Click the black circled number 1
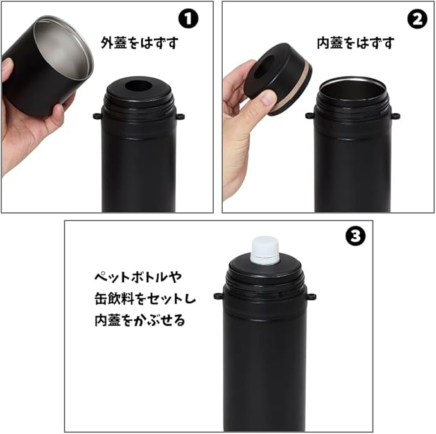(188, 19)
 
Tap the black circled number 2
(417, 19)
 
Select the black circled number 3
(355, 236)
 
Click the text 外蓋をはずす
(139, 43)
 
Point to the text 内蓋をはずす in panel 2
(356, 43)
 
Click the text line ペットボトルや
(138, 277)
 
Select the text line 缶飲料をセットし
(145, 299)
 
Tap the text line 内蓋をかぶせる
(140, 320)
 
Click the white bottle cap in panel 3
(265, 250)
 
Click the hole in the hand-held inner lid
(264, 66)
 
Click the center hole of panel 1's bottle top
(138, 85)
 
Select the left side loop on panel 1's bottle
(97, 115)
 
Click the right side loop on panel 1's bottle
(180, 116)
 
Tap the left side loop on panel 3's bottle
(218, 296)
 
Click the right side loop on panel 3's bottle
(311, 297)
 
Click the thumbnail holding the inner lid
(268, 97)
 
